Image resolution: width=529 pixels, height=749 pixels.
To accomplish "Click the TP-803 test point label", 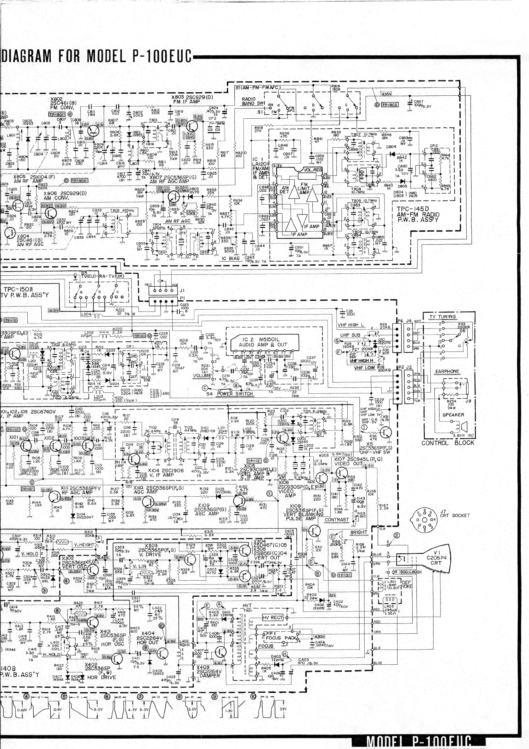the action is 389,105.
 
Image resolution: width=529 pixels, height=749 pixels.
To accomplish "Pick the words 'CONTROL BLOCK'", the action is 448,443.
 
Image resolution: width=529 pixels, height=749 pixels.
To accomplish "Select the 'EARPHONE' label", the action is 447,371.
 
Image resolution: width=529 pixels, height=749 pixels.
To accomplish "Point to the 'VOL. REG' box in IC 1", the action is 313,170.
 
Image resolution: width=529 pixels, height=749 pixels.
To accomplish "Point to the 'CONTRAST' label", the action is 337,520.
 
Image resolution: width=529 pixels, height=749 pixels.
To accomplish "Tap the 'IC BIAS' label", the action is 231,258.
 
